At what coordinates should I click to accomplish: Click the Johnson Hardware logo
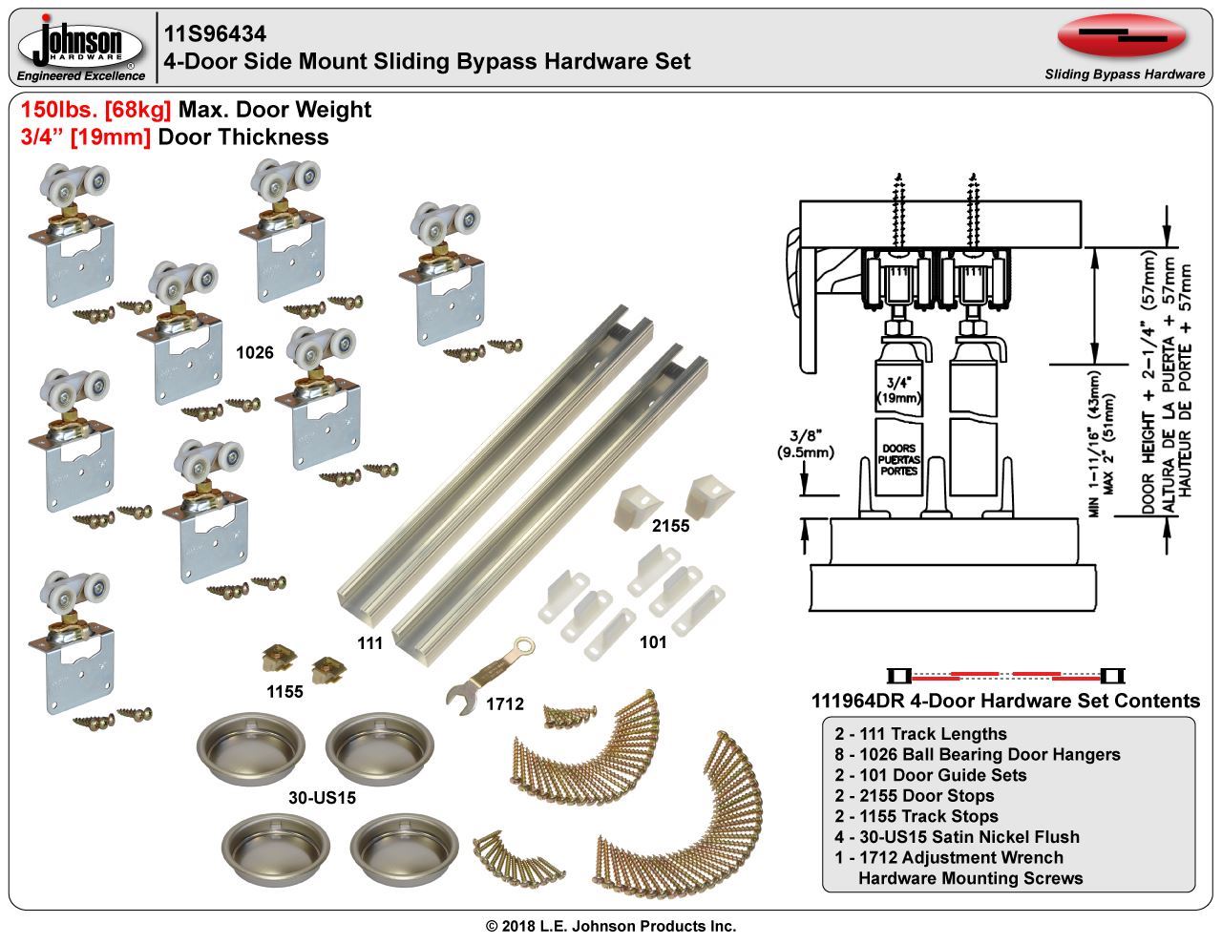(x=81, y=47)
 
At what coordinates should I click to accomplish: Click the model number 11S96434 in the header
(x=214, y=34)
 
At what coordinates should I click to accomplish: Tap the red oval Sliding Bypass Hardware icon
(x=1123, y=37)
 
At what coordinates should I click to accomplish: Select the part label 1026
(x=255, y=352)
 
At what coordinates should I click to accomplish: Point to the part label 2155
(x=670, y=525)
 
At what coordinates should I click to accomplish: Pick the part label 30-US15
(x=322, y=796)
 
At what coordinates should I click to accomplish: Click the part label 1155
(x=284, y=691)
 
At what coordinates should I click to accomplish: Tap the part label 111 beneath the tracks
(x=369, y=643)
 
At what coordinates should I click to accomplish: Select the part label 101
(x=653, y=642)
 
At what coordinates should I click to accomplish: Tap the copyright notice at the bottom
(x=611, y=925)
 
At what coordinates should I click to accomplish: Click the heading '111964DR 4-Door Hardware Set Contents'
(x=1004, y=701)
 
